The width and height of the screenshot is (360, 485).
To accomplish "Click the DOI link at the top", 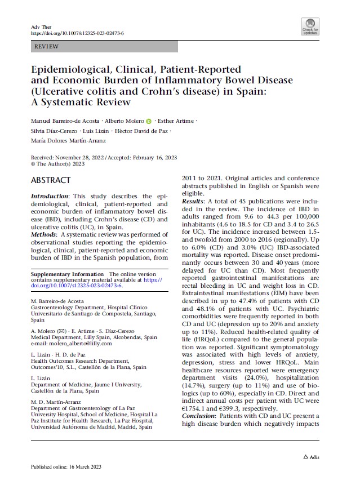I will [x=77, y=34].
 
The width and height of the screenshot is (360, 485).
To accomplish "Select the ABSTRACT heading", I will [x=51, y=180].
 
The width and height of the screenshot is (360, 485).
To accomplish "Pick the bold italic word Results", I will [x=193, y=201].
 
